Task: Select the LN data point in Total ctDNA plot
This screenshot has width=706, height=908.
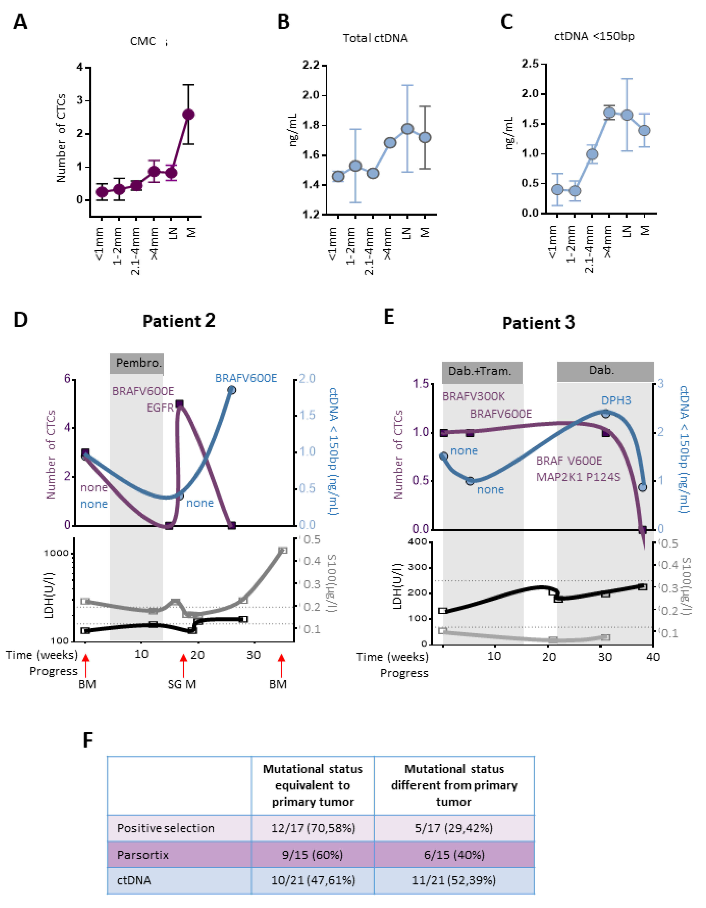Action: click(407, 128)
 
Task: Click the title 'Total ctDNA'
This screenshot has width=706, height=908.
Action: click(375, 38)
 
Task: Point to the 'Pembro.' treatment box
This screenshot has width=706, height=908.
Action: click(137, 363)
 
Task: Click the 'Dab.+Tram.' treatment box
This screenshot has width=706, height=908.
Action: click(482, 371)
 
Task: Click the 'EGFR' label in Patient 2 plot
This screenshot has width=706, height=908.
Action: click(160, 408)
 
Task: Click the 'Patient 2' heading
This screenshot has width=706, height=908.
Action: click(179, 321)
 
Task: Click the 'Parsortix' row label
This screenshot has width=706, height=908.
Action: click(143, 855)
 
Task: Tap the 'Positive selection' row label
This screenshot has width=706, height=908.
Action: click(165, 828)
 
